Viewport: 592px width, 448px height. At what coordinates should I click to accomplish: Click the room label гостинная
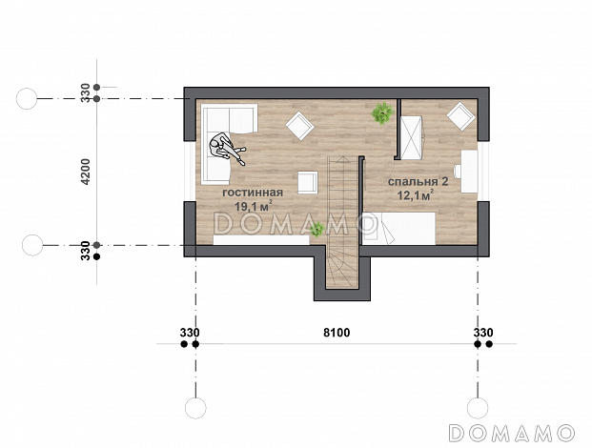[253, 193]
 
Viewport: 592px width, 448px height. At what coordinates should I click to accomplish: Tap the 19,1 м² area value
[254, 206]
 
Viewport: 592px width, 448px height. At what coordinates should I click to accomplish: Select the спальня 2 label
[418, 181]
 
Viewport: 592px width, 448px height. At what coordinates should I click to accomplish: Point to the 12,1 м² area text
[415, 195]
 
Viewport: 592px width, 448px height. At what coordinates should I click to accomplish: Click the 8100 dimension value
[337, 333]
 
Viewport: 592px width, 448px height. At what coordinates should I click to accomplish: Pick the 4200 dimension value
[86, 172]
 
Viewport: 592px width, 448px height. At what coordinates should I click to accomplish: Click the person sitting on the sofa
[227, 149]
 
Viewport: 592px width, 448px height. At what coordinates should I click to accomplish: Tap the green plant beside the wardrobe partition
[382, 112]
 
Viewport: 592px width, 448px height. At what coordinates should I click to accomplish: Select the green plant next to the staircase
[317, 229]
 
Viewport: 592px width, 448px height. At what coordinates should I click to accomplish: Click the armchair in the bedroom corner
[461, 116]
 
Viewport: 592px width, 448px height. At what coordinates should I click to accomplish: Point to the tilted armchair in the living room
[300, 126]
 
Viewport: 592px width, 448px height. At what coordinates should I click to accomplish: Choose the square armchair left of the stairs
[308, 183]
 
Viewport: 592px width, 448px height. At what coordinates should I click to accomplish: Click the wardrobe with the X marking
[411, 138]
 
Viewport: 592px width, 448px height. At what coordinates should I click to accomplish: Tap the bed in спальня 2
[399, 229]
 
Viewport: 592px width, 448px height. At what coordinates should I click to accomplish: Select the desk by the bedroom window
[468, 171]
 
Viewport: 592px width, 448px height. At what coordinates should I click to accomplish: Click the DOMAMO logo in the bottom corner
[512, 433]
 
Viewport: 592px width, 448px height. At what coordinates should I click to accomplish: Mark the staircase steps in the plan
[341, 223]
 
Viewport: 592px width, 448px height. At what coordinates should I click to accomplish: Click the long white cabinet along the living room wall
[261, 240]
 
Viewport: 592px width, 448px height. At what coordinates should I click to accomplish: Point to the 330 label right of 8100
[483, 333]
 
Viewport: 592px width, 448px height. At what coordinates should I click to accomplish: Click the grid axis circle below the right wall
[478, 408]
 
